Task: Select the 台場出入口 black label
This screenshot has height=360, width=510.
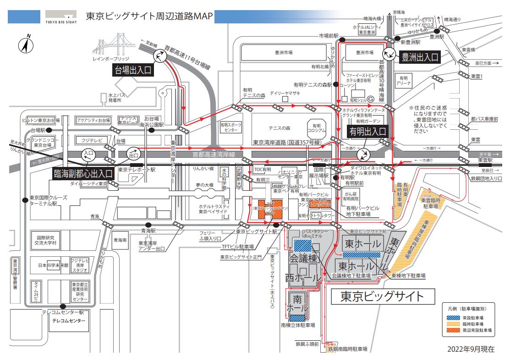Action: [x=132, y=70]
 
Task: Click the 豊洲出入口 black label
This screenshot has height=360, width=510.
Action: [x=420, y=57]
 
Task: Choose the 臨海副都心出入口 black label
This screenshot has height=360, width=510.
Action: [x=83, y=173]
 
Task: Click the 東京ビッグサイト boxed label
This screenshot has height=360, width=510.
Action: [x=382, y=296]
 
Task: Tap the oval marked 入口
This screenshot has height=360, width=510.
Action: [x=88, y=154]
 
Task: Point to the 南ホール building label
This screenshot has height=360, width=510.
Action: [x=297, y=304]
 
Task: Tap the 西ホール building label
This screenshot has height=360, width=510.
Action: [x=303, y=277]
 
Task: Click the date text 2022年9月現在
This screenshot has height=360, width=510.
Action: [x=471, y=349]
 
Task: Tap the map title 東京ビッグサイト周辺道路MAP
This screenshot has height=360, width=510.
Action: [x=149, y=17]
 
